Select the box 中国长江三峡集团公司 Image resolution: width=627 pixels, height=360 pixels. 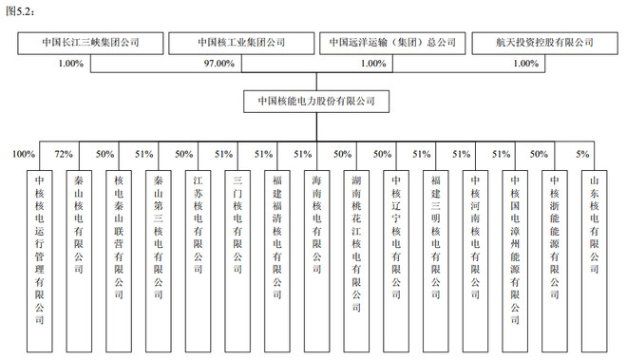[91, 43]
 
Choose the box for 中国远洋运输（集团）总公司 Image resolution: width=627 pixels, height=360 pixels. [392, 43]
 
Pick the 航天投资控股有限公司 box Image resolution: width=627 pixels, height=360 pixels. [543, 43]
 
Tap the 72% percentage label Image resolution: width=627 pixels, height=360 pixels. [64, 154]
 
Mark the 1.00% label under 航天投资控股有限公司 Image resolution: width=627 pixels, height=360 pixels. [525, 63]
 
